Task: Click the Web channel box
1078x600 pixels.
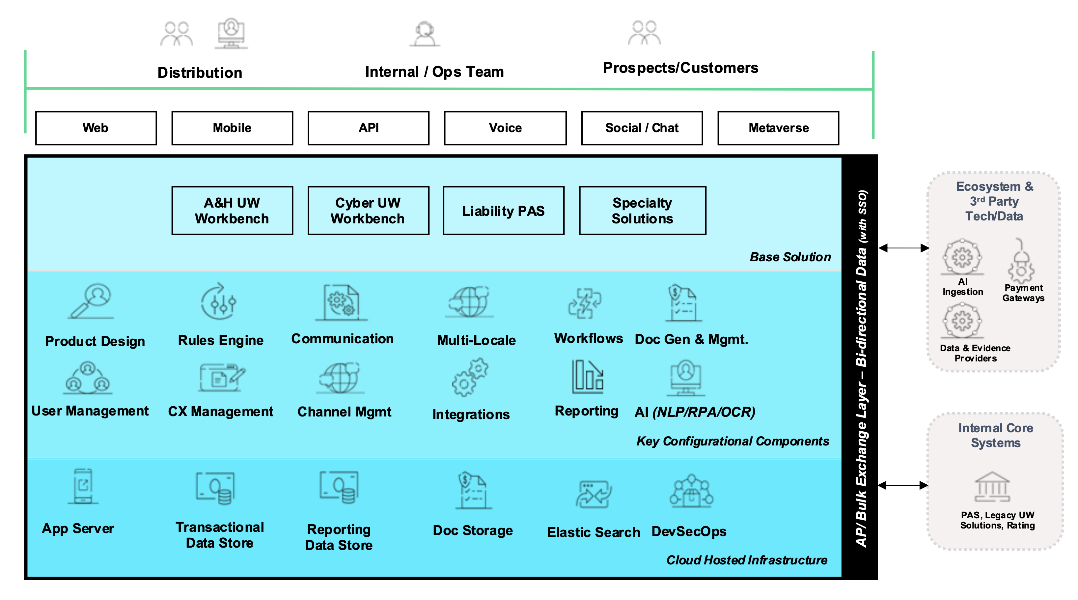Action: tap(96, 128)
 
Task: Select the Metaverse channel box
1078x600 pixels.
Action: tap(778, 128)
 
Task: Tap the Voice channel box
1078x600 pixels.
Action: tap(505, 128)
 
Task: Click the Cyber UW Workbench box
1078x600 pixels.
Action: tap(368, 211)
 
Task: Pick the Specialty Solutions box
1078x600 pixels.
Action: tap(642, 211)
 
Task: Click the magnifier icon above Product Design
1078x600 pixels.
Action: tap(91, 301)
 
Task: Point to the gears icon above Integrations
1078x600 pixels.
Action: tap(470, 377)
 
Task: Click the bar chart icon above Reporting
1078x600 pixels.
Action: tap(588, 377)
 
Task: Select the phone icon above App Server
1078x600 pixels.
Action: tap(83, 486)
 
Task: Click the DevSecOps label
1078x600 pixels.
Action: tap(689, 531)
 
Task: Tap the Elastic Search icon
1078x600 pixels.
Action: tap(594, 494)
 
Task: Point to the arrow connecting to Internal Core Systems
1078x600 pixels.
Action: tap(903, 485)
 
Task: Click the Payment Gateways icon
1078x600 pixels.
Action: tap(1021, 262)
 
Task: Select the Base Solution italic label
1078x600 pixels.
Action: tap(790, 257)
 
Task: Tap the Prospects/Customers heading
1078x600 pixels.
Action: tap(680, 68)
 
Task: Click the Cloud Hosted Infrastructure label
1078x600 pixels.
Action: tap(747, 560)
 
